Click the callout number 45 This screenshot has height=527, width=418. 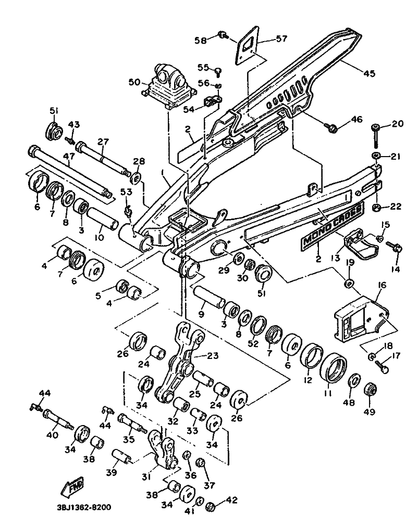point(369,73)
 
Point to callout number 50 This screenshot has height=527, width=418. point(134,82)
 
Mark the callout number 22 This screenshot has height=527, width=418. point(396,207)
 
